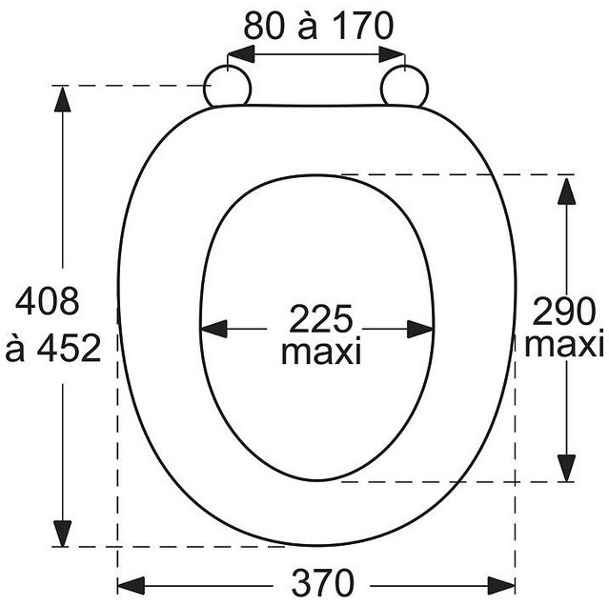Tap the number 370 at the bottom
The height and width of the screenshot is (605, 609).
pos(323,583)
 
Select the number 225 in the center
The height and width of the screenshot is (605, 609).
pos(320,318)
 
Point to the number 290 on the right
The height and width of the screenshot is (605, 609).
pos(563,312)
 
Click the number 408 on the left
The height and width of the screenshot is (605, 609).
pos(47,301)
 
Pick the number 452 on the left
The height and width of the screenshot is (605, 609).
pos(69,348)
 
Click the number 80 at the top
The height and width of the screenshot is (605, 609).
pos(264,26)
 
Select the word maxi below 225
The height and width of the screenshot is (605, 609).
pos(321,352)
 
